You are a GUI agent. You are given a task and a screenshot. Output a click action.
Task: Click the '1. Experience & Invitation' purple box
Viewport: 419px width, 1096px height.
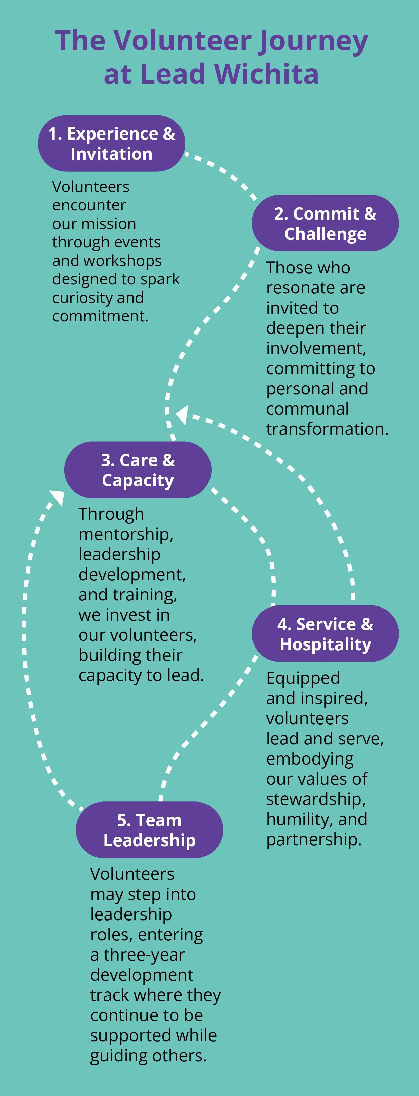[111, 143]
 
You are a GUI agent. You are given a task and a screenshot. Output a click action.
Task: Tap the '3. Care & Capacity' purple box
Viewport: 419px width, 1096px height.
[138, 470]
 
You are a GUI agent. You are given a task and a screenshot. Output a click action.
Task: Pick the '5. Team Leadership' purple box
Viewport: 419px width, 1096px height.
[149, 830]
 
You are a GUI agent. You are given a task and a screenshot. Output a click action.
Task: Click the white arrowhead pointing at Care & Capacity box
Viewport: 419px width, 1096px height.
[58, 497]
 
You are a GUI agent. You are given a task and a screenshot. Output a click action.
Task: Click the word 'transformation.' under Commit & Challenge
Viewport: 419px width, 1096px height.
[327, 429]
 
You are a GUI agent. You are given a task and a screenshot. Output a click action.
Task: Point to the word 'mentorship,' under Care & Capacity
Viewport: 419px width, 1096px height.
[126, 534]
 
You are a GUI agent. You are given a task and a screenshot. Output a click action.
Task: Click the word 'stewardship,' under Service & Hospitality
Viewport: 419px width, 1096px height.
[316, 799]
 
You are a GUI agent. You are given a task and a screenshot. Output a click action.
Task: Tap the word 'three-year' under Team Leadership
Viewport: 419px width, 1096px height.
[144, 954]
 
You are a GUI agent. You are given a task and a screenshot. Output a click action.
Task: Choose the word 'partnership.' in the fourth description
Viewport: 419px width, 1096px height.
[313, 839]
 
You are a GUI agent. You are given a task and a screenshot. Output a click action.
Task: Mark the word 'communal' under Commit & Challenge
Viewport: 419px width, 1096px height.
[307, 409]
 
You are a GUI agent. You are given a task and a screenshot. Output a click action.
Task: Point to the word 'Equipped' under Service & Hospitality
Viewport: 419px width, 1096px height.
[303, 678]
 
